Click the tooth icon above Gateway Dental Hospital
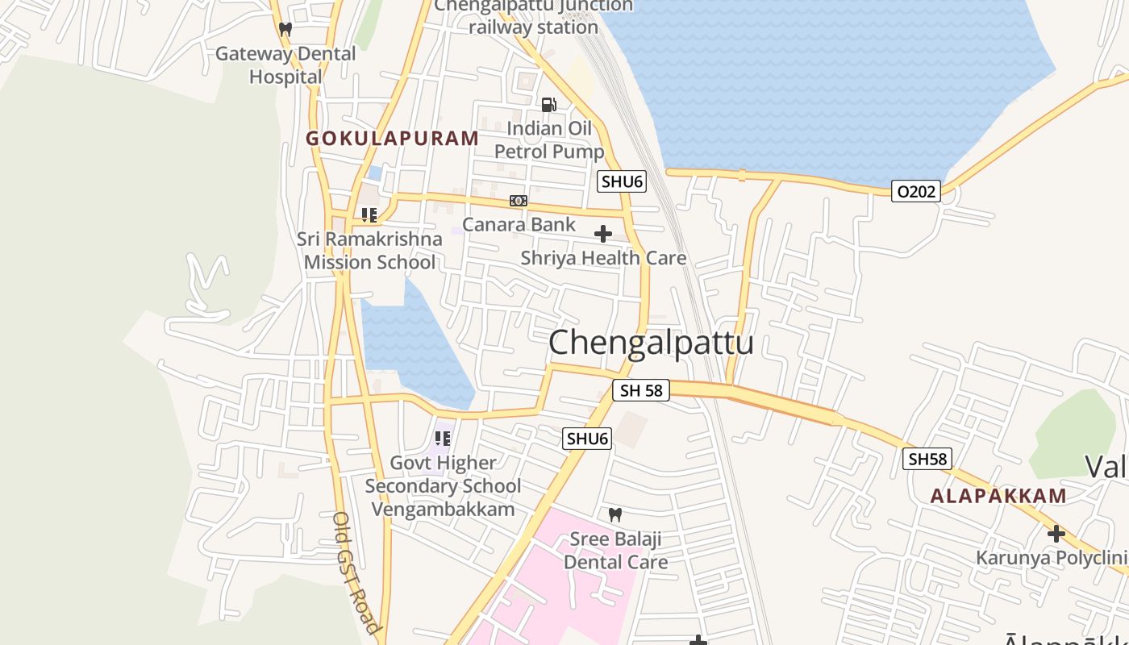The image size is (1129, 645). click(285, 29)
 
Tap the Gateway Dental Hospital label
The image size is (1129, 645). click(285, 65)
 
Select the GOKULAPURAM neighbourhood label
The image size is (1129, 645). click(392, 138)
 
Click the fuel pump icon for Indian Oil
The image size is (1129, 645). click(548, 105)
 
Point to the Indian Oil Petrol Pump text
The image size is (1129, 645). click(549, 139)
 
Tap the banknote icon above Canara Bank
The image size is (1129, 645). click(519, 201)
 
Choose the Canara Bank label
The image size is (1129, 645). click(519, 224)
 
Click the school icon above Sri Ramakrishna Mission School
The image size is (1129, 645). click(369, 215)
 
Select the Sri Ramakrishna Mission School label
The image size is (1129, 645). click(369, 250)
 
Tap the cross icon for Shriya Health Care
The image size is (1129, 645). click(602, 235)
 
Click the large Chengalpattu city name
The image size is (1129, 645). click(651, 342)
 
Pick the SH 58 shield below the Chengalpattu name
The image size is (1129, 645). click(641, 391)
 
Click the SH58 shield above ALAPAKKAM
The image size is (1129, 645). click(927, 459)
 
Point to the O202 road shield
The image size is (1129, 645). click(916, 191)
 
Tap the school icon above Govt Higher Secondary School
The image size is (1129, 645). click(442, 439)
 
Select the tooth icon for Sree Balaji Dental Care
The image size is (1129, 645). click(615, 514)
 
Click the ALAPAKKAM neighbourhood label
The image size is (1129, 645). click(998, 496)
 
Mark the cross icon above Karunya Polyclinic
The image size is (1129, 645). click(1056, 534)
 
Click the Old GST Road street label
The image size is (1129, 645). click(356, 572)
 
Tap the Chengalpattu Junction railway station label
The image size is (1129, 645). click(534, 16)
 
